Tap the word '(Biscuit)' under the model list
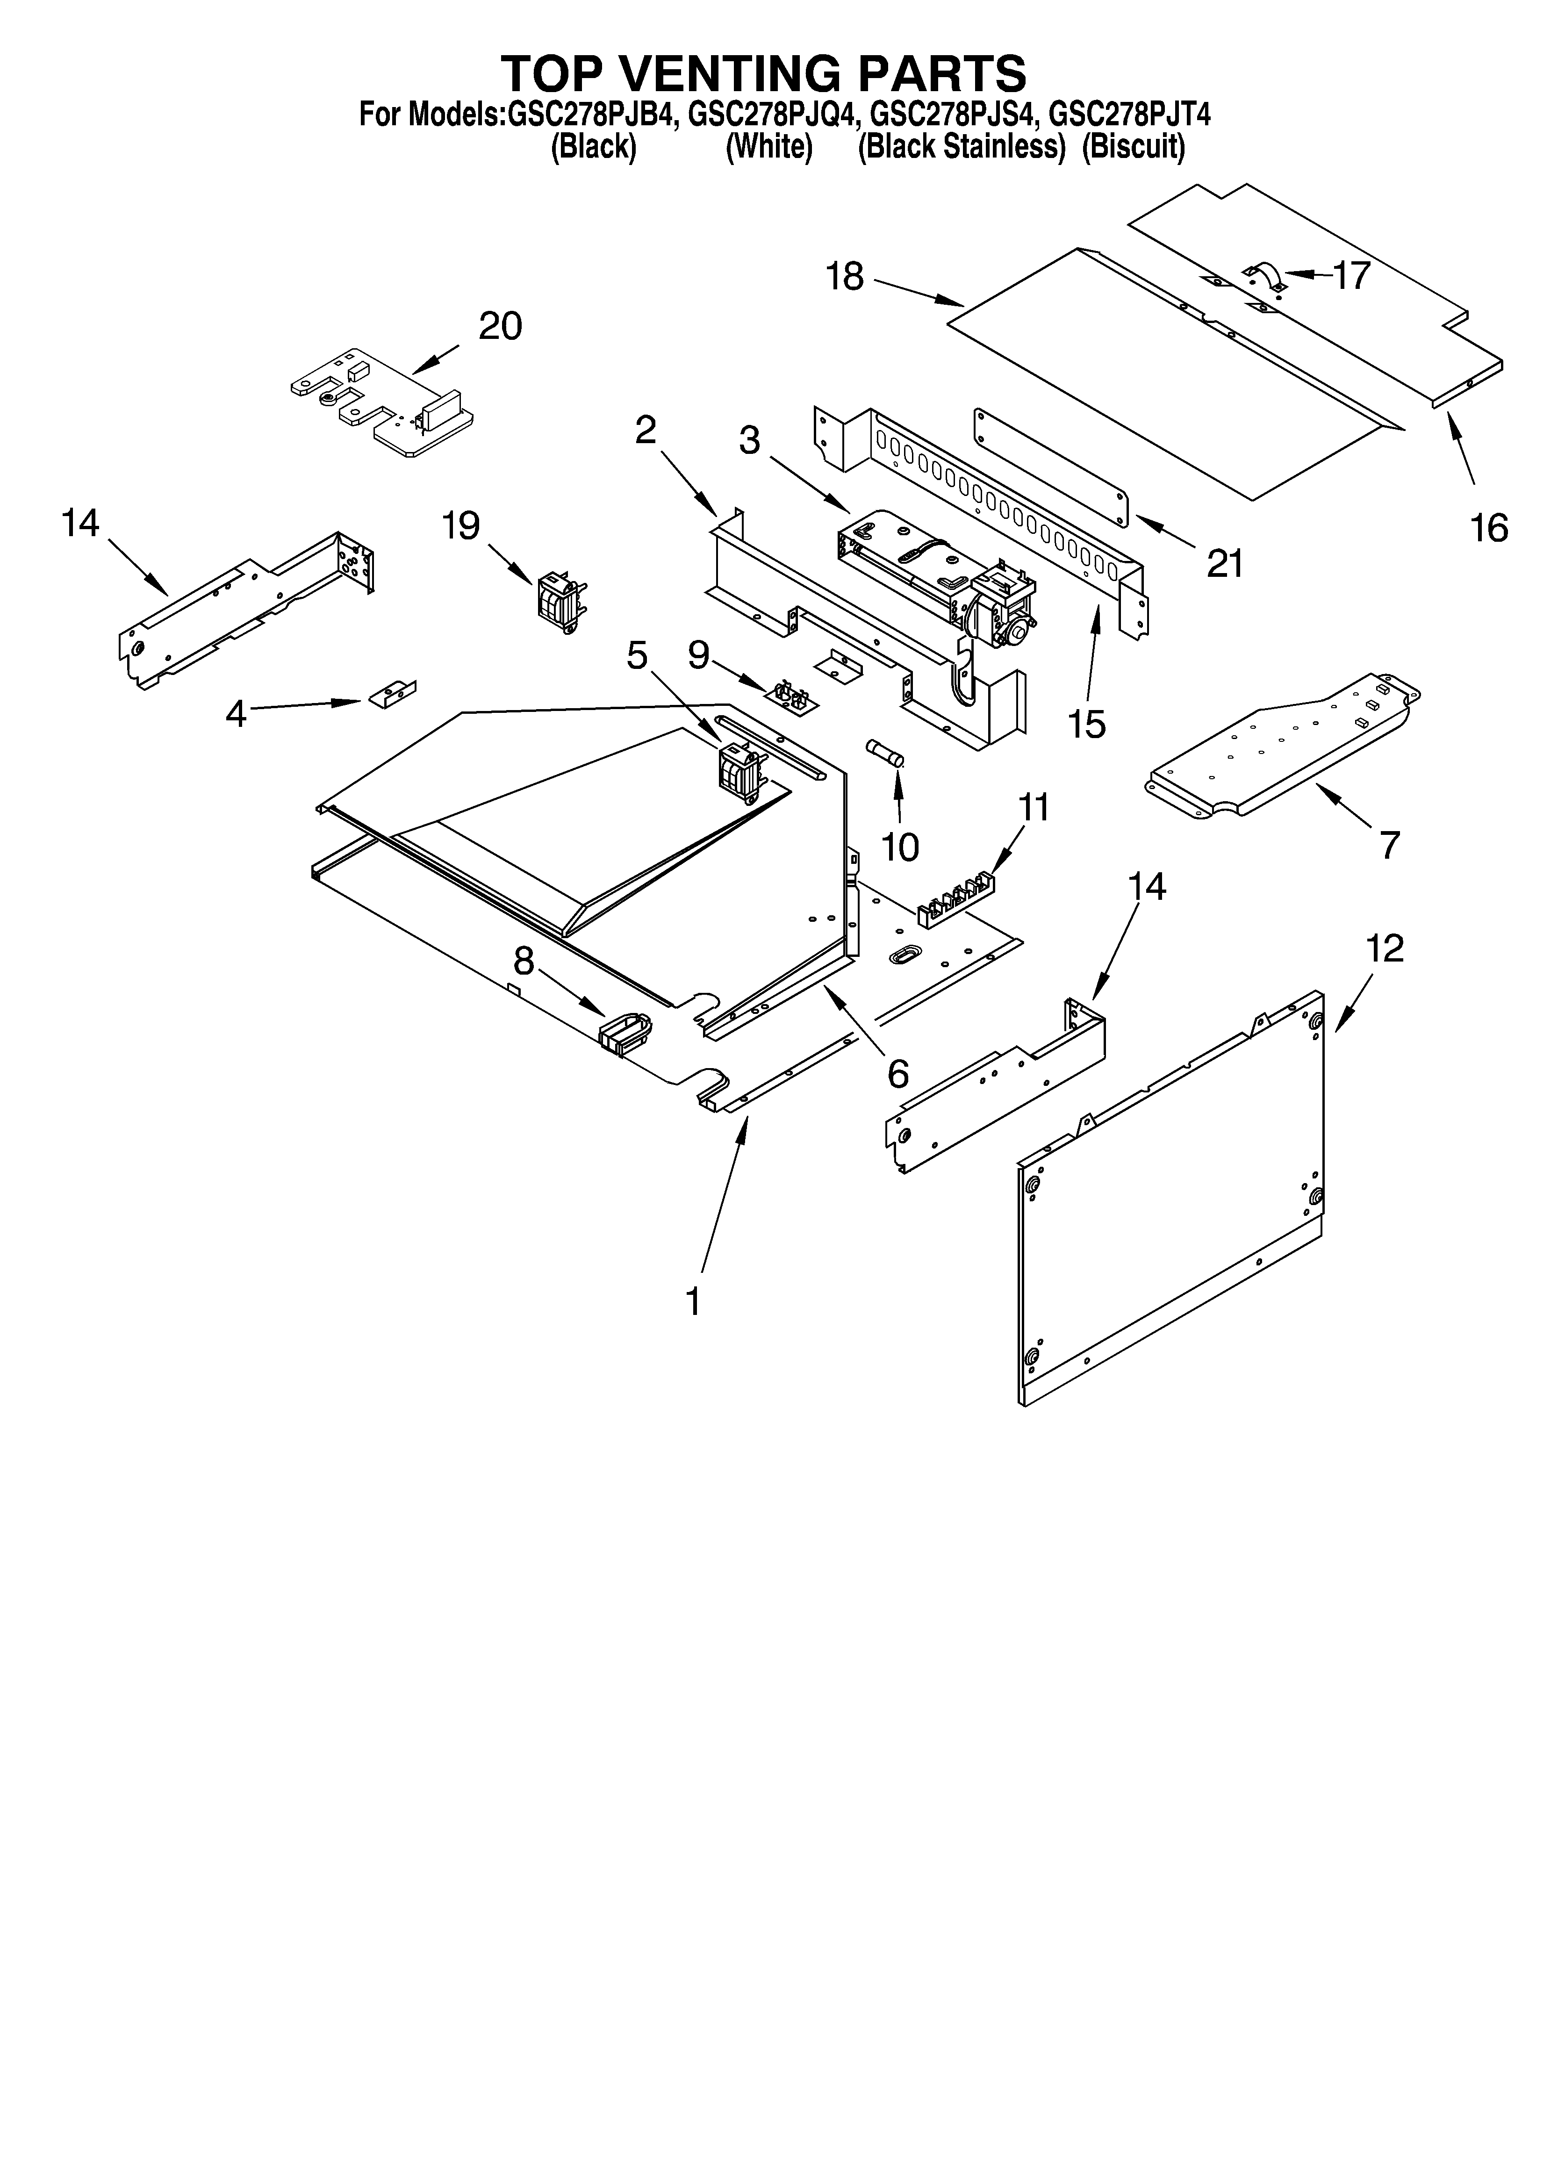(x=1133, y=148)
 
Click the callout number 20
(x=499, y=327)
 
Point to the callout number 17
(x=1350, y=275)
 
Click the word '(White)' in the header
(x=768, y=148)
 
